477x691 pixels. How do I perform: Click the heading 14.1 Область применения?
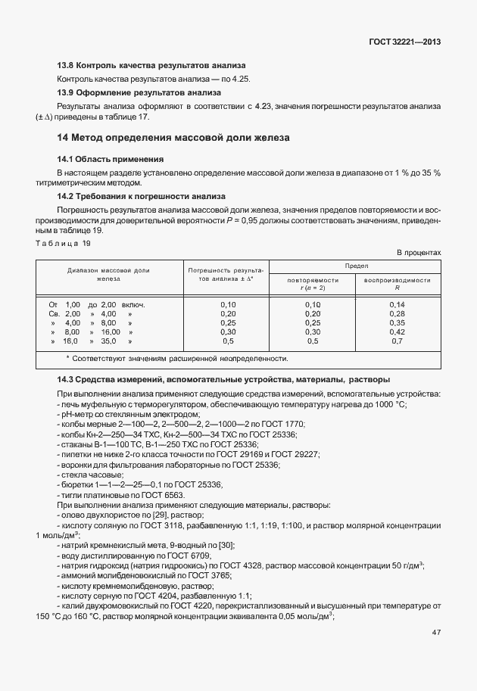click(111, 160)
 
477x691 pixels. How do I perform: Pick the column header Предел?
click(356, 266)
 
